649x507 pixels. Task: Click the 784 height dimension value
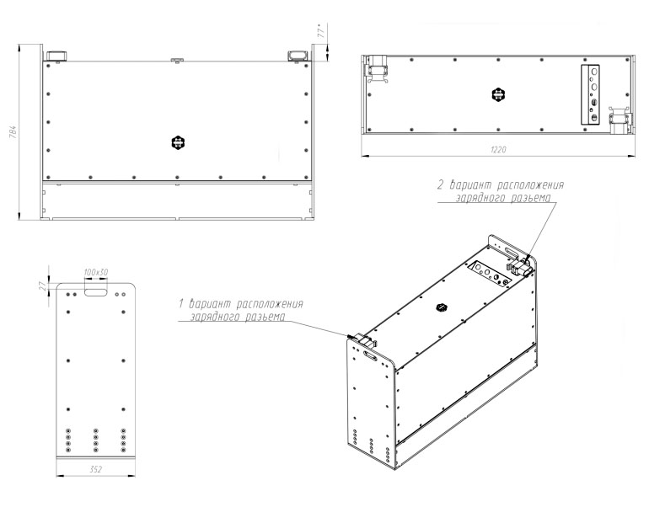pos(13,131)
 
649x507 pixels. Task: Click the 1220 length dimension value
pos(498,150)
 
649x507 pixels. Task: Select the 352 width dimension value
pos(95,469)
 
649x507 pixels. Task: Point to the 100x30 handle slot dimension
pos(95,273)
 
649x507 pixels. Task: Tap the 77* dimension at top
pos(322,30)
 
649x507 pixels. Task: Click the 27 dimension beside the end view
pos(43,286)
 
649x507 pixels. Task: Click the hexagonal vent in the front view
pos(178,142)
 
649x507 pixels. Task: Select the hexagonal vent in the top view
pos(498,94)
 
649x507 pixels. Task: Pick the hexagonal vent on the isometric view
pos(442,307)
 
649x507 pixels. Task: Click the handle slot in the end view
pos(95,292)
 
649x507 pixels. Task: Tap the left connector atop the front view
pos(56,56)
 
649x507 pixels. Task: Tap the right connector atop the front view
pos(298,56)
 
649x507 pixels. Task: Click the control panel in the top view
pos(590,94)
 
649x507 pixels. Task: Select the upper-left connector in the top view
pos(376,69)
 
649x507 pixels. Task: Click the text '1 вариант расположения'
pos(241,304)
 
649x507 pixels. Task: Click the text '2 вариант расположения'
pos(501,184)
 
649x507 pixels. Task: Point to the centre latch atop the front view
pos(177,61)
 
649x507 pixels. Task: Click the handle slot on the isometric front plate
pos(370,355)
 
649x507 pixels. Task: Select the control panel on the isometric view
pos(489,273)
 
